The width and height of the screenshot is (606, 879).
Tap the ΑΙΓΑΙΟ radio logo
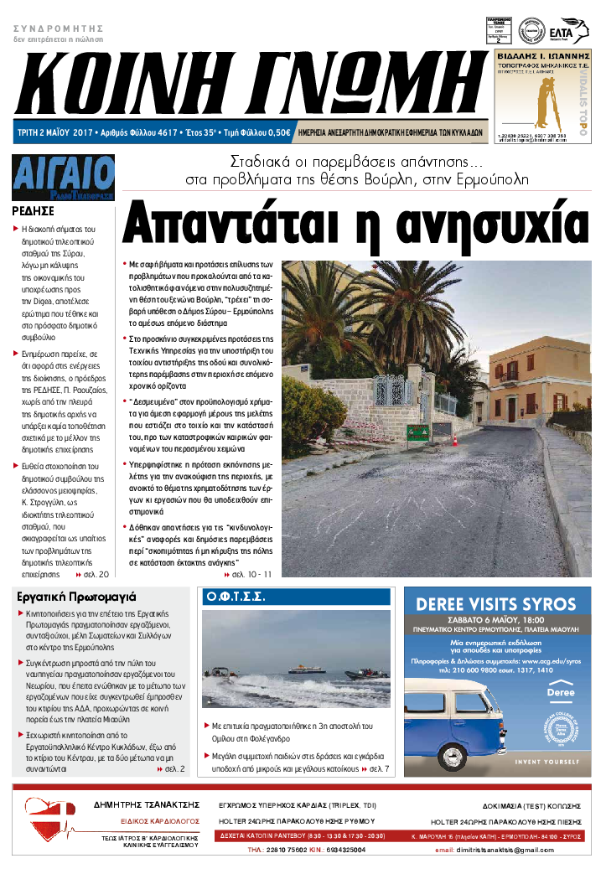pyautogui.click(x=64, y=177)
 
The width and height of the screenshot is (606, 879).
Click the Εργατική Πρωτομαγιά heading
pyautogui.click(x=76, y=597)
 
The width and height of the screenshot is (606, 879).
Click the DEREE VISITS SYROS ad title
pyautogui.click(x=495, y=603)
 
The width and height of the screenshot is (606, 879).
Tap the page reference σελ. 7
pyautogui.click(x=376, y=768)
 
